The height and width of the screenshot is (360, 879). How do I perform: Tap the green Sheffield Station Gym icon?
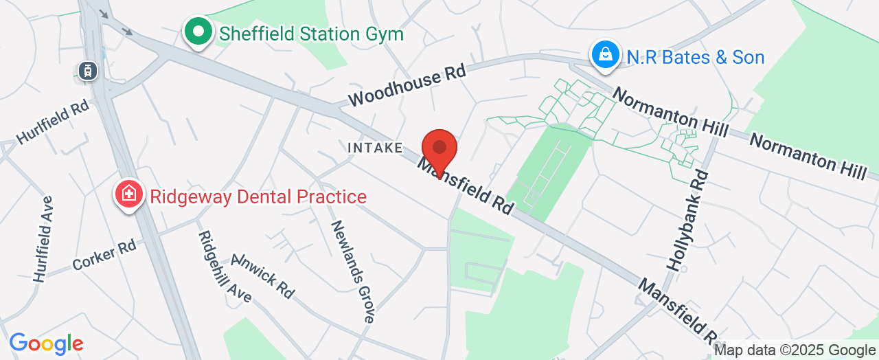[x=198, y=32]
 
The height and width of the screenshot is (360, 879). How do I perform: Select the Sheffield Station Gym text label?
[x=310, y=33]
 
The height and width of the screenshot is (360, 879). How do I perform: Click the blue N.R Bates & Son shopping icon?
[x=606, y=56]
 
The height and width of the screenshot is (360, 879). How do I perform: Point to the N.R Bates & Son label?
[x=695, y=57]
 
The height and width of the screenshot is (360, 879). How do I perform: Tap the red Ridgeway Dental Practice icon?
[x=128, y=195]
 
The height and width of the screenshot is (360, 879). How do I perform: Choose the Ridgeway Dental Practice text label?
[x=258, y=197]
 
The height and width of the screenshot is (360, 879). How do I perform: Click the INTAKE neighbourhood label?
[x=375, y=148]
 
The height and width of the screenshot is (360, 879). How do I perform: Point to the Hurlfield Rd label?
[x=52, y=124]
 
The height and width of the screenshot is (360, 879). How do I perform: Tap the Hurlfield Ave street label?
[x=43, y=239]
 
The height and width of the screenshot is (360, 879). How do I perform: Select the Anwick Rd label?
[x=263, y=275]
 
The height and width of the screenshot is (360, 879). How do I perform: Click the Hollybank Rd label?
[x=687, y=220]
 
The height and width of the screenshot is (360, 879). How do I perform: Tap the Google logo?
[x=46, y=344]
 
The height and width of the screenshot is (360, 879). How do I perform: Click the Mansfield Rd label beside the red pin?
[x=467, y=186]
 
